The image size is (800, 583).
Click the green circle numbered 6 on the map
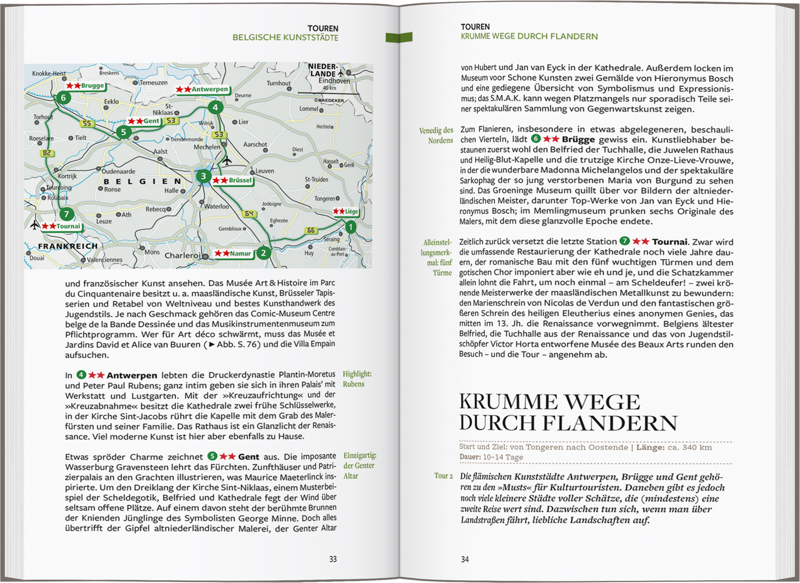point(63,98)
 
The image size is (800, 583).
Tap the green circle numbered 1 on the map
point(350,227)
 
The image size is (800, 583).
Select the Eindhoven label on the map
point(334,81)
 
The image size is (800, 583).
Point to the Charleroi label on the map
point(182,255)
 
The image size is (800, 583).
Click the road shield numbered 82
point(47,153)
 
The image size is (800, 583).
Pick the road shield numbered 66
point(311,230)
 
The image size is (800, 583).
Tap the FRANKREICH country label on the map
point(68,246)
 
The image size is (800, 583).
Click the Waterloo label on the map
point(217,206)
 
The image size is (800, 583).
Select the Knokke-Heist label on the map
point(49,74)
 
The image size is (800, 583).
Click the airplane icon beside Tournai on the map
point(35,225)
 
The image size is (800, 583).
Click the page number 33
point(333,559)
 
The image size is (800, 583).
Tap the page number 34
point(465,559)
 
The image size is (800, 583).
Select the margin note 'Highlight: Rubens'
point(357,379)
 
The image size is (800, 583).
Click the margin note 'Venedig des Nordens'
point(436,135)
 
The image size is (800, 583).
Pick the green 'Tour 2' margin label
point(443,476)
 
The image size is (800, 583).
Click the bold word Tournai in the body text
point(670,242)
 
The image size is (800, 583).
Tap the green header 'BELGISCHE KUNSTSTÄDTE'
point(285,38)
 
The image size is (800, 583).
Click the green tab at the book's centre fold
point(399,37)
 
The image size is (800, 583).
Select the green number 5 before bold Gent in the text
point(212,457)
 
